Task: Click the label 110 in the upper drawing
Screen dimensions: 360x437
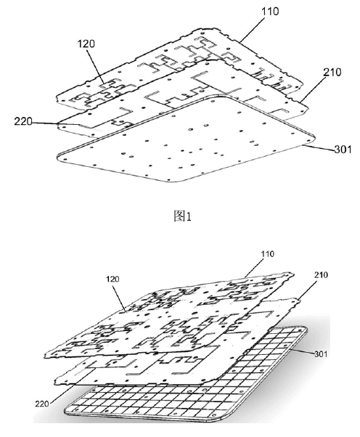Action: (270, 12)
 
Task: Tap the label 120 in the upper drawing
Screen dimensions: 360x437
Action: (86, 44)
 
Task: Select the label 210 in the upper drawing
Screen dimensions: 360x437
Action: (332, 73)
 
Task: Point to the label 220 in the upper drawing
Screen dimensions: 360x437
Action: (23, 121)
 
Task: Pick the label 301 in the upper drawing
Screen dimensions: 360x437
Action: (343, 150)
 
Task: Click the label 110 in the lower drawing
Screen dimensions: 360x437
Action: (268, 254)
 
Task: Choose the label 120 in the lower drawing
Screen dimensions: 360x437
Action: (112, 279)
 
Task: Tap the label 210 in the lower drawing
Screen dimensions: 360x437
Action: (322, 275)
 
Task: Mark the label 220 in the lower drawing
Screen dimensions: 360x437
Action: (42, 404)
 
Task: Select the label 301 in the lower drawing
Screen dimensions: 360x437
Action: (321, 354)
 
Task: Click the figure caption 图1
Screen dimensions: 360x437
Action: (182, 216)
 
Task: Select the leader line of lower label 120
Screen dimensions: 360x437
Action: (120, 296)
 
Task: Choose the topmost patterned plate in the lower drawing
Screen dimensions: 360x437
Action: (167, 315)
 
